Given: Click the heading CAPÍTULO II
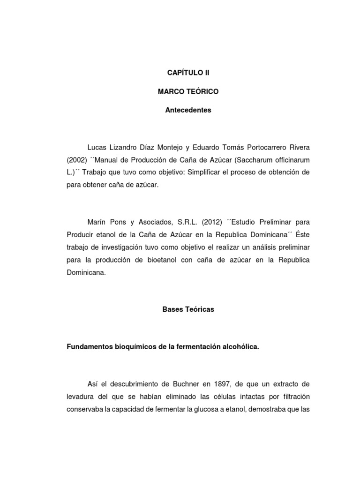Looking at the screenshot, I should point(188,73).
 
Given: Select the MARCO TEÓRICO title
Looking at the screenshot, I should point(188,91).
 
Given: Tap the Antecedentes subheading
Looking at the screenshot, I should point(188,111).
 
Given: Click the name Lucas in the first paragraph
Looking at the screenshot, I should point(97,148).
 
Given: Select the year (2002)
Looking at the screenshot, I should point(76,160).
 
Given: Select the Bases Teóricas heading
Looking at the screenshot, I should point(188,309).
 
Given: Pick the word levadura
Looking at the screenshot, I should point(81,397).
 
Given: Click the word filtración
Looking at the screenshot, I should point(293,397).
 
